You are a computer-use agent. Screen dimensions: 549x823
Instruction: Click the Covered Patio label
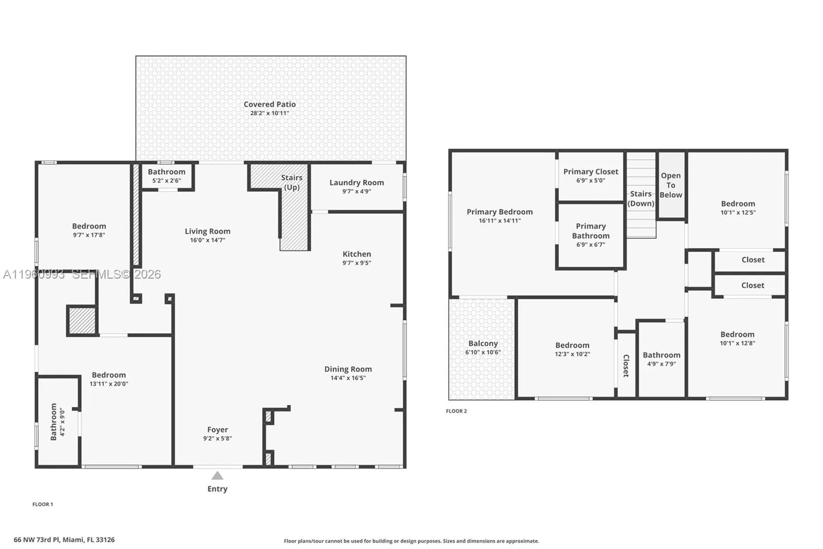tap(270, 105)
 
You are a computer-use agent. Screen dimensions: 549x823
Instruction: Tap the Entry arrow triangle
tap(218, 476)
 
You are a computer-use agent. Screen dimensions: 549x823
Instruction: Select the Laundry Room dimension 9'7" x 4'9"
tap(356, 192)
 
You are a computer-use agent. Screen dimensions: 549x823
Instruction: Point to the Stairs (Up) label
tap(292, 182)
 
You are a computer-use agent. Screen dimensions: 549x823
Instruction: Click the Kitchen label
tap(356, 254)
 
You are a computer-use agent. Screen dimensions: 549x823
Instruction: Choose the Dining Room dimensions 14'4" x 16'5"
tap(348, 378)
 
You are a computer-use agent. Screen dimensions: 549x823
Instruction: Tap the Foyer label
tap(218, 430)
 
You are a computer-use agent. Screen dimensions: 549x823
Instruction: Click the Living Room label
tap(207, 231)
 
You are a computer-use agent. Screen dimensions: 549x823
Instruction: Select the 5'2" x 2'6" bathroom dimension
tap(167, 181)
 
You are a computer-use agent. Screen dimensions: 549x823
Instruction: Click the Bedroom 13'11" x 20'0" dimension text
tap(109, 384)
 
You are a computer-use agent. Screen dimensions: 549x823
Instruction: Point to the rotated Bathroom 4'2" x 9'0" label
tap(53, 422)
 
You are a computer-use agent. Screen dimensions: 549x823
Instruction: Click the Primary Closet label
tap(591, 171)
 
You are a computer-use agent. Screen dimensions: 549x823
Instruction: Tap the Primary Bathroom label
tap(591, 231)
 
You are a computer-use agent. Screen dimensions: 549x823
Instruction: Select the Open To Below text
tap(671, 185)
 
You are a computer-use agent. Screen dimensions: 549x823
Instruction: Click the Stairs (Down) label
tap(641, 198)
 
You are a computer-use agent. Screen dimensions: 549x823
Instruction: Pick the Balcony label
tap(483, 344)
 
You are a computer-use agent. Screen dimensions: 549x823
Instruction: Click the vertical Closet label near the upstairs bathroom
tap(626, 366)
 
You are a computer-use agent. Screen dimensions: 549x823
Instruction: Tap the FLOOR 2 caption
tap(456, 411)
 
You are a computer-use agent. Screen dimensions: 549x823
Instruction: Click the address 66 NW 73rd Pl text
tap(64, 540)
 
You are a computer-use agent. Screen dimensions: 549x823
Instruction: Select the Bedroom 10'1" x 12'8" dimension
tap(737, 344)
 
